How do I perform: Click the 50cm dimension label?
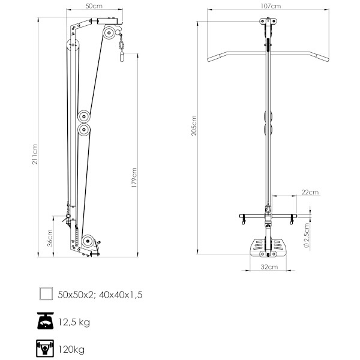point(94,6)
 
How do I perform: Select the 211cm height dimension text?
point(34,154)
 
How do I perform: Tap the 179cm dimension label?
point(134,178)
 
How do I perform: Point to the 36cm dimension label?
point(50,238)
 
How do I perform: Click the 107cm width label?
point(271,6)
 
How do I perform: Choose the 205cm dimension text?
point(194,125)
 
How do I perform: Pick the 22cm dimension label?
point(310,192)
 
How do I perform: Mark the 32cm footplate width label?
point(269,267)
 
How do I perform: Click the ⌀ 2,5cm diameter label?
point(306,235)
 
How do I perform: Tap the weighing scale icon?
point(46,320)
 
